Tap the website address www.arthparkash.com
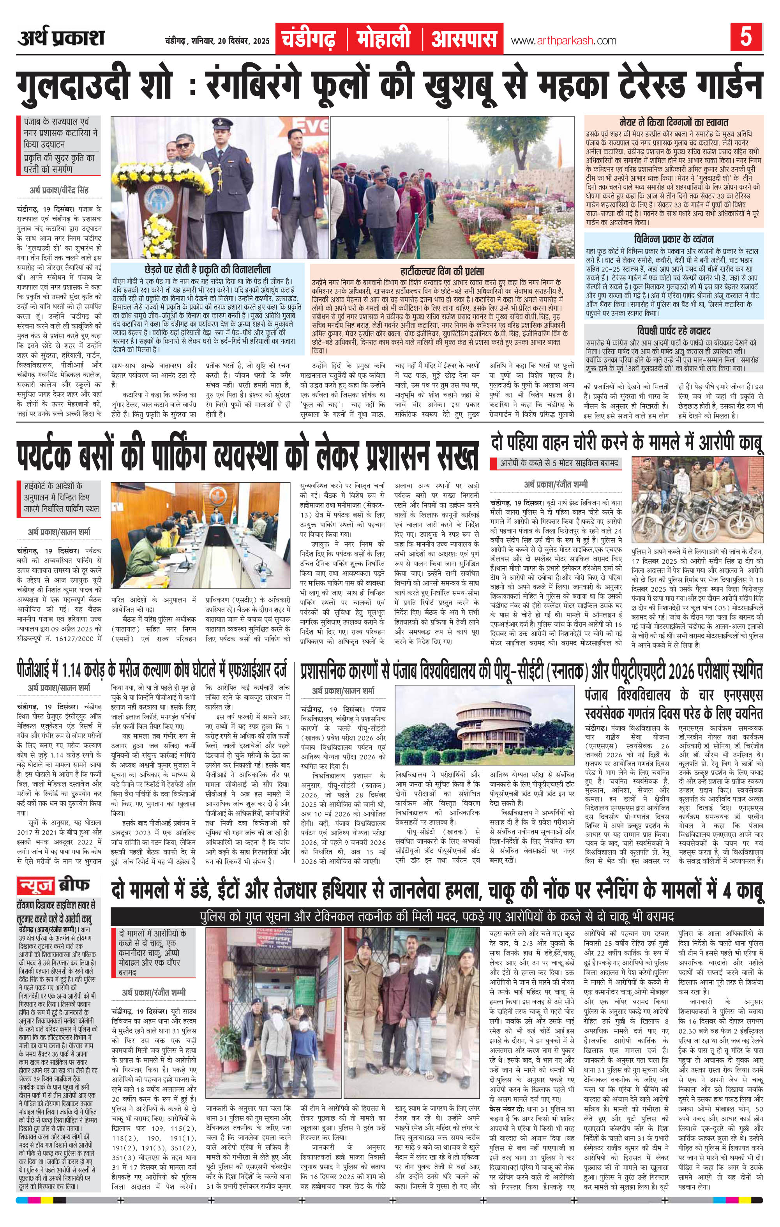tap(563, 41)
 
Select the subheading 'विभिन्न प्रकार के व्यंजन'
tap(674, 239)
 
